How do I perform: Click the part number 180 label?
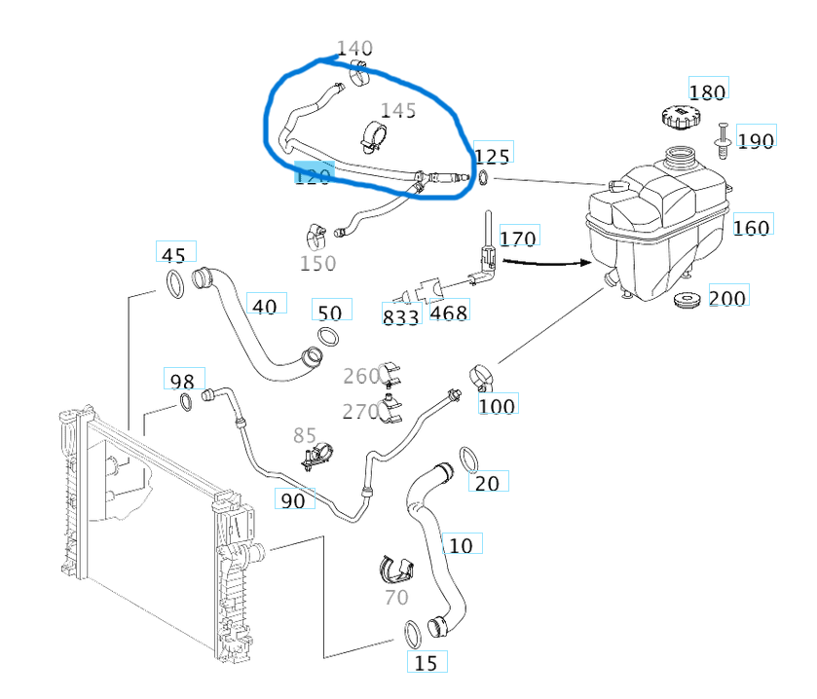coord(707,92)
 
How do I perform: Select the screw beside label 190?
coord(724,138)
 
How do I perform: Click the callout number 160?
coord(751,227)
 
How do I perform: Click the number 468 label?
coord(449,313)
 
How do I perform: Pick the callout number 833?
coord(400,316)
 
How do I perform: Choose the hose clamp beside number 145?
coord(370,137)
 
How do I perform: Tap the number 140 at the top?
coord(354,48)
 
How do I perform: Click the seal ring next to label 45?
coord(174,286)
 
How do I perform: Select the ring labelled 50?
coord(328,338)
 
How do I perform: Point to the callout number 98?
coord(182,381)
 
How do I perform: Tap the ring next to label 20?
coord(468,457)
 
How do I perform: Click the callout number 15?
coord(426,663)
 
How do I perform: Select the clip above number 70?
coord(396,570)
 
